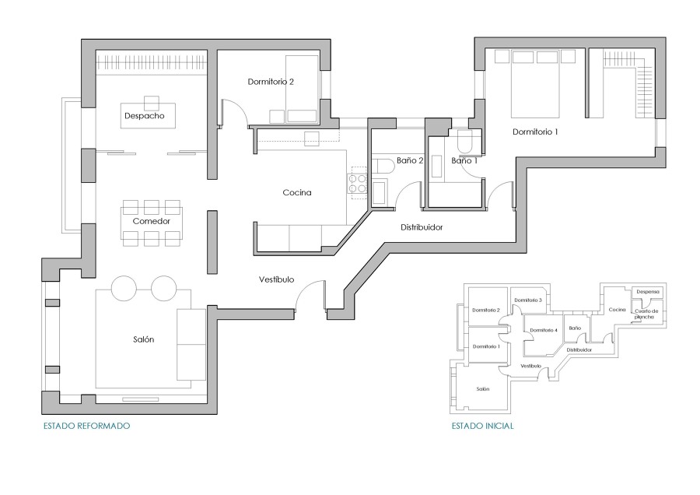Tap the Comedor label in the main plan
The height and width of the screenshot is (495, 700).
coord(151,221)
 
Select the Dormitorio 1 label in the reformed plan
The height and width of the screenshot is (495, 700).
coord(535,132)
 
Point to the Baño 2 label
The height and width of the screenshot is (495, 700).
coord(409,160)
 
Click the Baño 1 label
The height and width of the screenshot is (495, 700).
coord(464,160)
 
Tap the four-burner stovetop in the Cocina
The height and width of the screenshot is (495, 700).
coord(358,183)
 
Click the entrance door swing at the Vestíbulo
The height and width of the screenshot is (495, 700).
coord(310,296)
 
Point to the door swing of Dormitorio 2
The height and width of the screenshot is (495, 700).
coord(235,113)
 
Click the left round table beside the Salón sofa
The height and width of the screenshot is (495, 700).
coord(124,288)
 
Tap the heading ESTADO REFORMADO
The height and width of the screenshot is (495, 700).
coord(86,427)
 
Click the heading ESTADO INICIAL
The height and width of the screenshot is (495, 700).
coord(482,427)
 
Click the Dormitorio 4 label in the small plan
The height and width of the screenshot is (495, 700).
coord(544,330)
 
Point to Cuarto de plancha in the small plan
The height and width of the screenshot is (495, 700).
coord(647,314)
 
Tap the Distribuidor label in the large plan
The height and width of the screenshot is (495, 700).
coord(422,228)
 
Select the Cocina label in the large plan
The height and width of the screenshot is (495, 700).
coord(297,193)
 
